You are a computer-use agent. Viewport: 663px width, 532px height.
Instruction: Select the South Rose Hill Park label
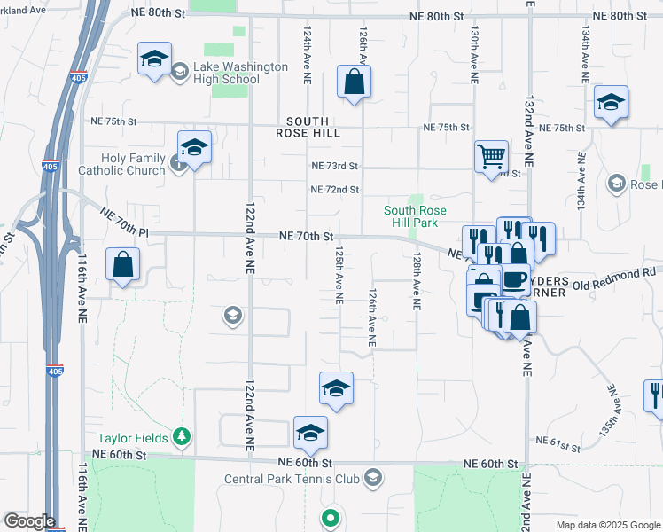tap(415, 216)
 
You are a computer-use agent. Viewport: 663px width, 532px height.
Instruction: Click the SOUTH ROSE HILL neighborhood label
tap(308, 128)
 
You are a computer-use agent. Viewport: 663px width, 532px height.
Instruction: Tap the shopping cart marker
tap(490, 156)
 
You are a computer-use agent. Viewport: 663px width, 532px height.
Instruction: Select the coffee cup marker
tap(514, 279)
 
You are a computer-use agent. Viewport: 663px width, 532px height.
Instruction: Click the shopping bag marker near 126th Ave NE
tap(354, 82)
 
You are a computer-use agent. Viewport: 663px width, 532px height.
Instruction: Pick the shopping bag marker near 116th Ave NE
tap(122, 264)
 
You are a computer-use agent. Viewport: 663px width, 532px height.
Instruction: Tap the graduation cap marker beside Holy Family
tap(194, 146)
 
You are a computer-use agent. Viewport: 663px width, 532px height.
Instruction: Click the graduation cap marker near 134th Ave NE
tap(611, 101)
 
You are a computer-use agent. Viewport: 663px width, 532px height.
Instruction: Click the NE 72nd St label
tap(334, 190)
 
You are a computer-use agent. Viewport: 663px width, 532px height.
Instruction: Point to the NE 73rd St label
tap(334, 166)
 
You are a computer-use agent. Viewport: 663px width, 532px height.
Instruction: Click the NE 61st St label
tap(558, 441)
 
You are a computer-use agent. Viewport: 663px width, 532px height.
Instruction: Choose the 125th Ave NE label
tap(339, 275)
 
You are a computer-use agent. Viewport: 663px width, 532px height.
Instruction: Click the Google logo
tap(29, 521)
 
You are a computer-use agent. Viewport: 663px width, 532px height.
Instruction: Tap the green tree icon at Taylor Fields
tap(182, 436)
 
